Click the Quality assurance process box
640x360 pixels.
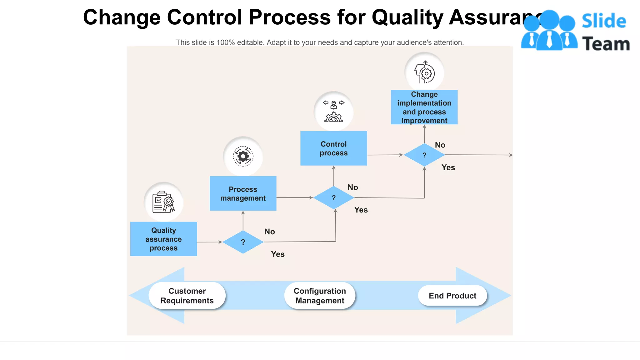(163, 239)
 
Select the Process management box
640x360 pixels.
(243, 193)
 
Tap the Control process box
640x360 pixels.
(333, 148)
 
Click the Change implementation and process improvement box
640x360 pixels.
(424, 107)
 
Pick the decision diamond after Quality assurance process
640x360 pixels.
(243, 242)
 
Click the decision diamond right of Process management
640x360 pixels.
(333, 198)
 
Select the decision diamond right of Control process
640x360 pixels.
(424, 155)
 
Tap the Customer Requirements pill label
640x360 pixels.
(187, 296)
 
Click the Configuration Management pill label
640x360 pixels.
(320, 296)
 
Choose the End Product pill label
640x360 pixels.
(452, 296)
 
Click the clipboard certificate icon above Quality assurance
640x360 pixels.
(163, 202)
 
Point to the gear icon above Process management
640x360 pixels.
(243, 156)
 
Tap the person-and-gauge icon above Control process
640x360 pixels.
(333, 111)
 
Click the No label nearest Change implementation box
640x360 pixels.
(440, 145)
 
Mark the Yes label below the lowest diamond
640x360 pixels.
(277, 254)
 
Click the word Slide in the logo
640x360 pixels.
(604, 21)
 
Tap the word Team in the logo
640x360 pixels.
(606, 44)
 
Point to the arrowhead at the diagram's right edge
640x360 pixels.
(511, 155)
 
